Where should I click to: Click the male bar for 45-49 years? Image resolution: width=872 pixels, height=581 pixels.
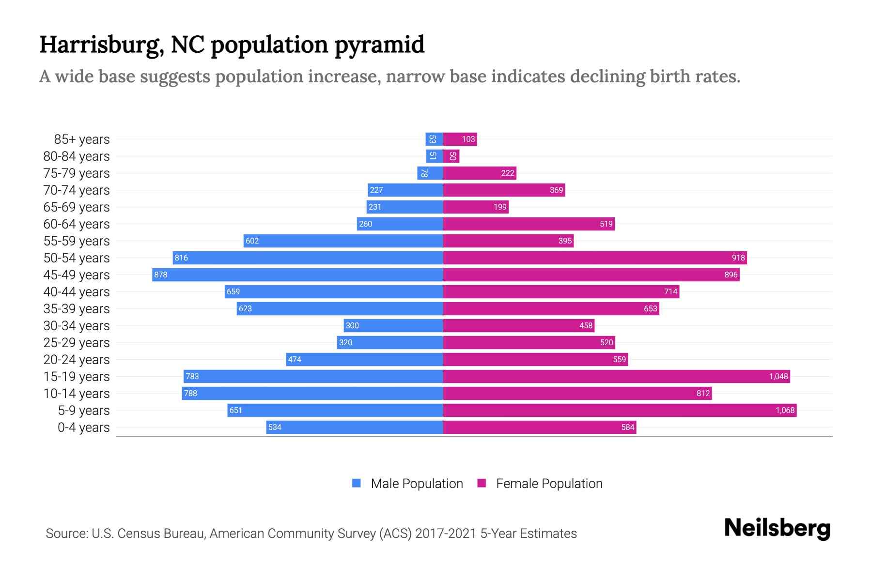(x=297, y=275)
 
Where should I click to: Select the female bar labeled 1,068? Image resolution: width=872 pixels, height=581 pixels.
(x=620, y=410)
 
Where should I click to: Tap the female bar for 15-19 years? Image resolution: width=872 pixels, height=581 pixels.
(x=616, y=376)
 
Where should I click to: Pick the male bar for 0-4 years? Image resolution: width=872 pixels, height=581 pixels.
(x=354, y=427)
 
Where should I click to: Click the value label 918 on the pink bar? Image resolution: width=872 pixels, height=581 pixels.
(x=738, y=258)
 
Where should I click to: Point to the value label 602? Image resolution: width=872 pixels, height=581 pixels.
(x=252, y=241)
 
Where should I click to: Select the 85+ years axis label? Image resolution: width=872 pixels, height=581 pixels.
(x=81, y=139)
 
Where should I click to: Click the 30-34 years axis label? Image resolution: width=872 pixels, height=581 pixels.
(x=77, y=326)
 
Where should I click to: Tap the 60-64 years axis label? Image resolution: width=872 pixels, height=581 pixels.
(x=77, y=224)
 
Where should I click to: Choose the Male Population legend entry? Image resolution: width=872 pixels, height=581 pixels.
(x=417, y=483)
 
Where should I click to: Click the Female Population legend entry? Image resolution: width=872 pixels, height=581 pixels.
(x=549, y=483)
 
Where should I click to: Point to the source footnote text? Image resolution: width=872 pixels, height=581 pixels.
(x=311, y=534)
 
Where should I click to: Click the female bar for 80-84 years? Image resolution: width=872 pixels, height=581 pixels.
(x=451, y=156)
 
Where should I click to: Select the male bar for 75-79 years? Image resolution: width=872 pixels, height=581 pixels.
(x=430, y=173)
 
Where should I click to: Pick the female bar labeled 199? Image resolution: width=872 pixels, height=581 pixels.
(x=476, y=207)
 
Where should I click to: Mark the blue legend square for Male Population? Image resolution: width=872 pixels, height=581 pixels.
(x=357, y=483)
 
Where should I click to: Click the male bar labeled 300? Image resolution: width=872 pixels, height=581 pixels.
(x=393, y=325)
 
